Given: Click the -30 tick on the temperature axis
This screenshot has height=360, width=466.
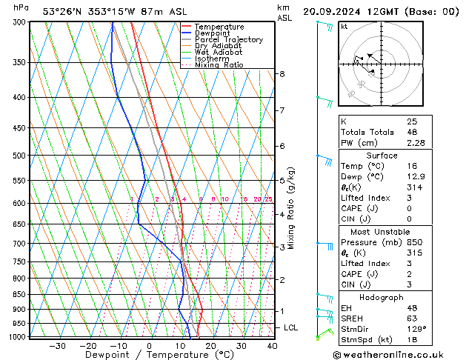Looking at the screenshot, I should [57, 345].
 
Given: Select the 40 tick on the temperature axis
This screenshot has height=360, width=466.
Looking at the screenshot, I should [272, 345].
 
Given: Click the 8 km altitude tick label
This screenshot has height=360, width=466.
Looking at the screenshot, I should [282, 74].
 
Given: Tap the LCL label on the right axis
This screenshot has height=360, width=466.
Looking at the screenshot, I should [291, 327].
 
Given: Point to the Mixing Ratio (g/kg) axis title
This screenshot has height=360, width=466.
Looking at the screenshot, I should [292, 208].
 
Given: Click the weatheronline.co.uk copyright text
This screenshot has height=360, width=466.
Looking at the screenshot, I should [399, 356].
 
